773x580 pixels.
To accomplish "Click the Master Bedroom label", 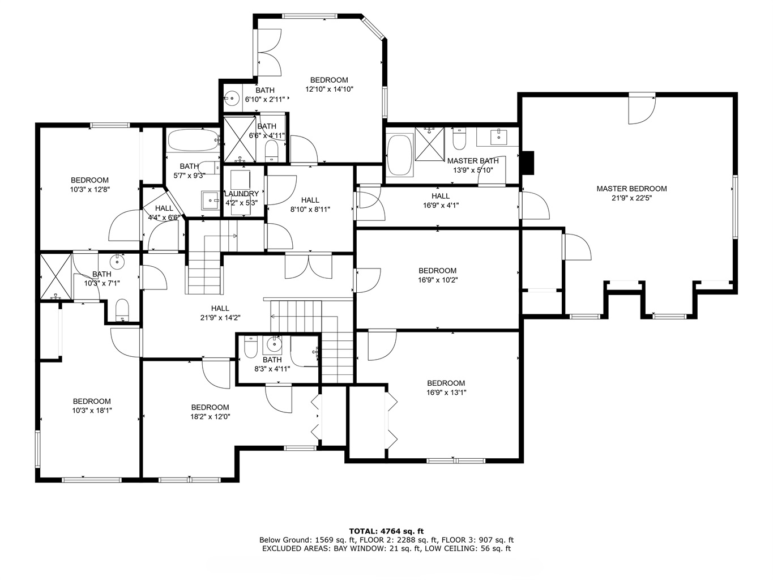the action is (x=631, y=189).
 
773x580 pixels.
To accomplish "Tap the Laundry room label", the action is (x=242, y=194).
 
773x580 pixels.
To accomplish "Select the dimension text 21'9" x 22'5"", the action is (x=631, y=198).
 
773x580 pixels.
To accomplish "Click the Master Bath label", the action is (x=473, y=161).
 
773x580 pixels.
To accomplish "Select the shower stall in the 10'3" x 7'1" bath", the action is (x=56, y=277).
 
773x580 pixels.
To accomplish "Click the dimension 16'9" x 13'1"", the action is (x=446, y=393).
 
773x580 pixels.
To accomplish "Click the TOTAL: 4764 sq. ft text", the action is (x=386, y=531).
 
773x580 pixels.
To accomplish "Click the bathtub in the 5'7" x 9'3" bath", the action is (x=194, y=141).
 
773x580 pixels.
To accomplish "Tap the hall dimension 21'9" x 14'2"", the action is (x=220, y=318).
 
